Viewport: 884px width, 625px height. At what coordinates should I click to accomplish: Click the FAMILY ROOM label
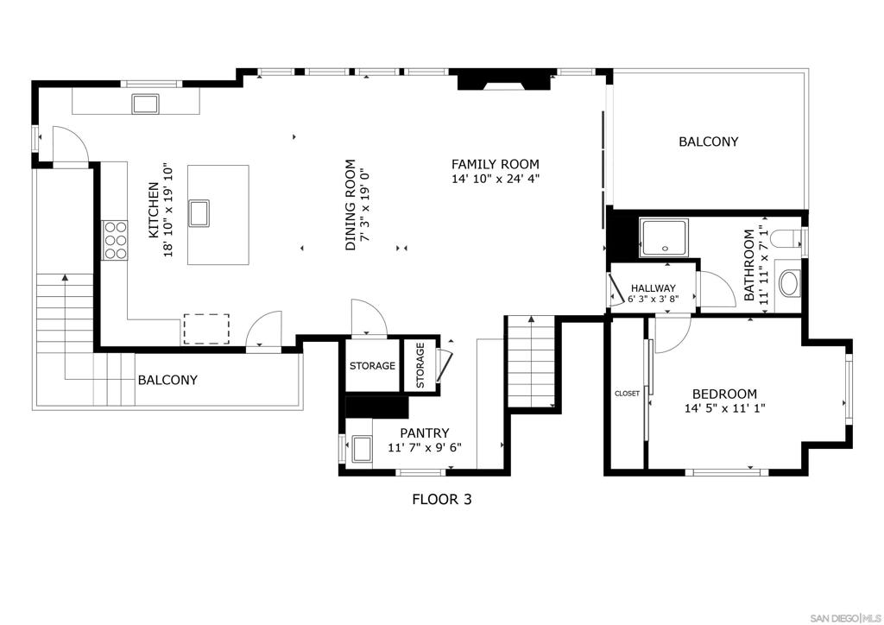coord(495,165)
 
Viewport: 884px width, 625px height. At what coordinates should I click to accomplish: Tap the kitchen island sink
coord(199,213)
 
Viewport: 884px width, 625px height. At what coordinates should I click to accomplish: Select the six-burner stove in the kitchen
coord(115,240)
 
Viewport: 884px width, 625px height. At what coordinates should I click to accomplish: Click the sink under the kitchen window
coord(145,104)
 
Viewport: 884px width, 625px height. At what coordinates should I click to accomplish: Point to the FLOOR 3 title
coord(441,499)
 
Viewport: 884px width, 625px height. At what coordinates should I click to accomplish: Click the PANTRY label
coord(425,432)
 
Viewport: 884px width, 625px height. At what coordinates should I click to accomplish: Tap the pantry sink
coord(362,449)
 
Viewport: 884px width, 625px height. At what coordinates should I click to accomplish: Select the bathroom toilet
coord(784,237)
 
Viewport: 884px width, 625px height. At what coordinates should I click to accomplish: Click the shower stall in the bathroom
coord(664,237)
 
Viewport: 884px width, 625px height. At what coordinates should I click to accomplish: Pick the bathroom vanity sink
coord(789,284)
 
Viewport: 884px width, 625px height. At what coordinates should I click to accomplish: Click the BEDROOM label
coord(724,394)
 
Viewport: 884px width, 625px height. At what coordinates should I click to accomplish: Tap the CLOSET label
coord(627,394)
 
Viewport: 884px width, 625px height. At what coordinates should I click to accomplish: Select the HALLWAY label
coord(653,288)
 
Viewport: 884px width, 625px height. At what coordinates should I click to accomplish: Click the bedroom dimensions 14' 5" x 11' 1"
coord(724,408)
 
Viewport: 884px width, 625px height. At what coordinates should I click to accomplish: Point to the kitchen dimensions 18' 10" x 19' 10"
coord(167,211)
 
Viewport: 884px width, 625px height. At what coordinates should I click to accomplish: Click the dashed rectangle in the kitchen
coord(206,329)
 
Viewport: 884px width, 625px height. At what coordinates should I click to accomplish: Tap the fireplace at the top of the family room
coord(503,80)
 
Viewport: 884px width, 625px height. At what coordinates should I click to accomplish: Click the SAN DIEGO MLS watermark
coord(844,616)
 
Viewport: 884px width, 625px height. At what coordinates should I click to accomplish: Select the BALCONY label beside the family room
coord(708,142)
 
